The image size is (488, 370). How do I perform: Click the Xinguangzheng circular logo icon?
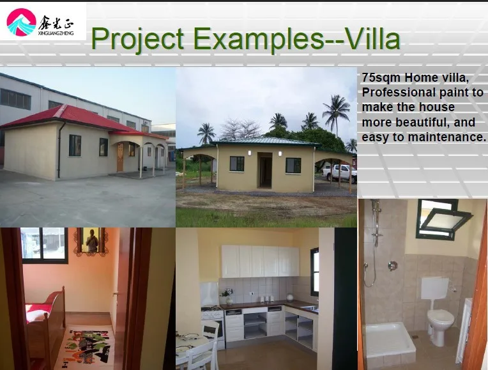21,22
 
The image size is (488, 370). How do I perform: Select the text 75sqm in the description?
381,77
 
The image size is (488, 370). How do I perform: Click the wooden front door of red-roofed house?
120,158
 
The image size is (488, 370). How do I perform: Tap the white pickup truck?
340,173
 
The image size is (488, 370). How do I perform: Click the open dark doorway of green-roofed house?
264,171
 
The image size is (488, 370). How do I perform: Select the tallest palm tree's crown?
336,108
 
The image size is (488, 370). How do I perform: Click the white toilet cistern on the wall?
435,288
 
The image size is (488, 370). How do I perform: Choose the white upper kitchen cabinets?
260,261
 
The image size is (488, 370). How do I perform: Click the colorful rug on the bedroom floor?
86,346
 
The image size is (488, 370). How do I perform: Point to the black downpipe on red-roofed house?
60,150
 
